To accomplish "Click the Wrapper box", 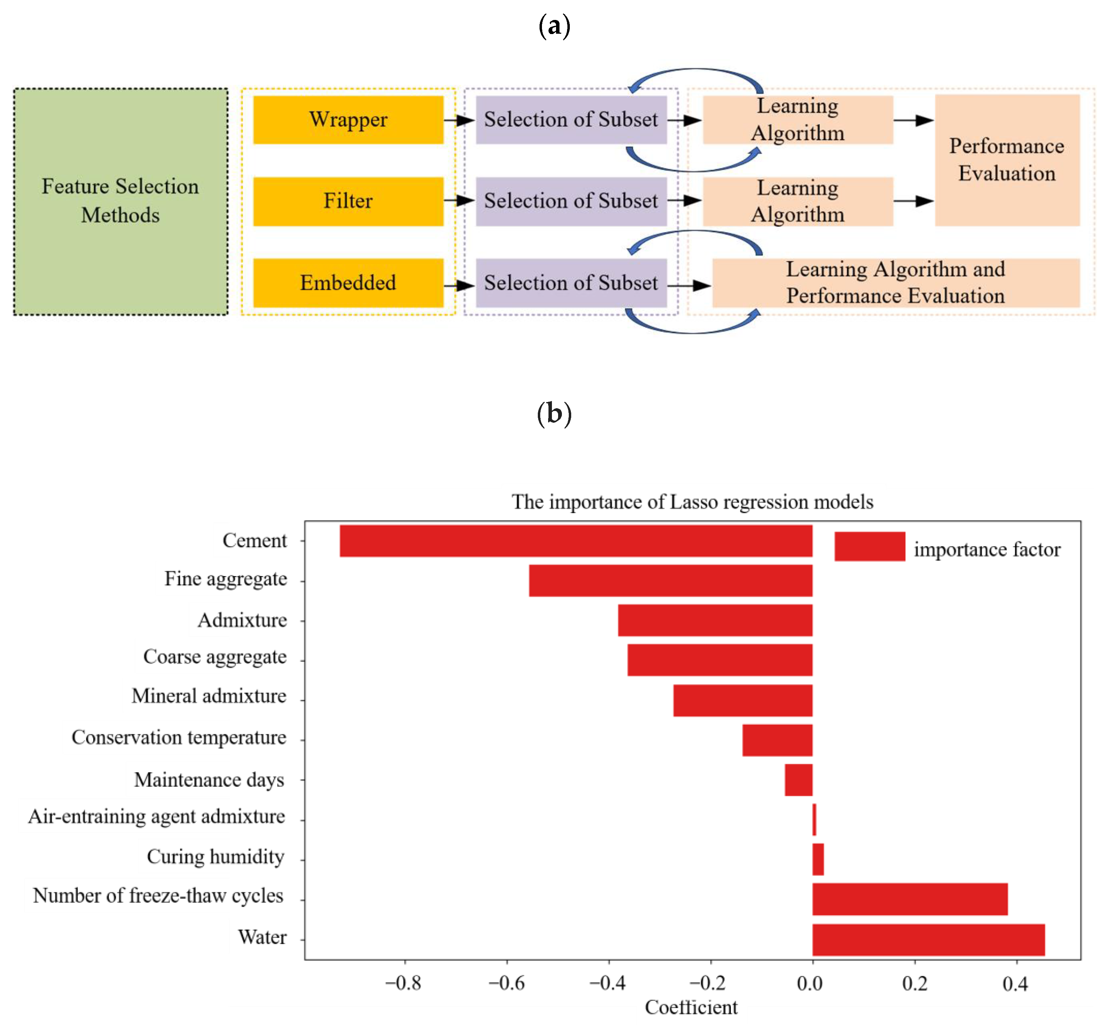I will tap(348, 120).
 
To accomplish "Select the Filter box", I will tap(348, 201).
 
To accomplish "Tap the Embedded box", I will tap(348, 283).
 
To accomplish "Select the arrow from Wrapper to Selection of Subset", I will tap(459, 120).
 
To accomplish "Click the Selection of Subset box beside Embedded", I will tap(571, 283).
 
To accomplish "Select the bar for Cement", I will tap(576, 540).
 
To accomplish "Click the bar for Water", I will tap(928, 940).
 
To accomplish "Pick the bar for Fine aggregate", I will tap(671, 580).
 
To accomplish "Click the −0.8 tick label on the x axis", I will tap(403, 984).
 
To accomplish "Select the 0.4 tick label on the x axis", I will tap(1015, 984).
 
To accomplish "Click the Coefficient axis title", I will tap(691, 1007).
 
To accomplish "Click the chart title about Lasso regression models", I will tap(692, 502).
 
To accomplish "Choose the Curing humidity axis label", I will tap(215, 857).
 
